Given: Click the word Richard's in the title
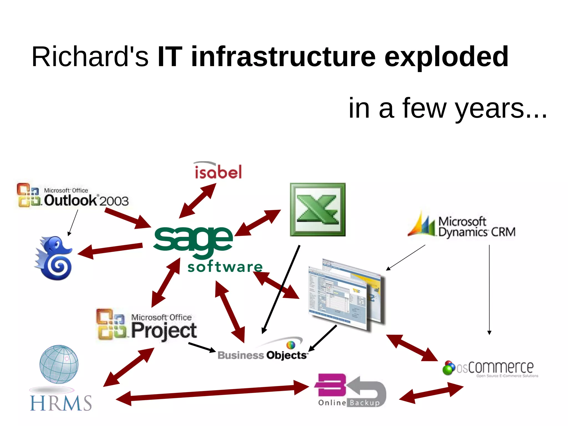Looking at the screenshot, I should (90, 57).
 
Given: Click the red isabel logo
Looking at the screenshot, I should (218, 171).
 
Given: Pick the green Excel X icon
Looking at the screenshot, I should (318, 210).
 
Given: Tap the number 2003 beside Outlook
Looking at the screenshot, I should (114, 201).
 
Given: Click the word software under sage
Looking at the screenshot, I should (225, 267).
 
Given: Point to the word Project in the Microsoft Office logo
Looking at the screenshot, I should (164, 331).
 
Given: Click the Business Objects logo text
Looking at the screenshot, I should (262, 355).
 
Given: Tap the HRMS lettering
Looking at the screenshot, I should (61, 403).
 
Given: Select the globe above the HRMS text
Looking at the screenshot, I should (59, 364).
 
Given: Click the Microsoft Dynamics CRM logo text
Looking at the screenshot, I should (476, 227).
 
